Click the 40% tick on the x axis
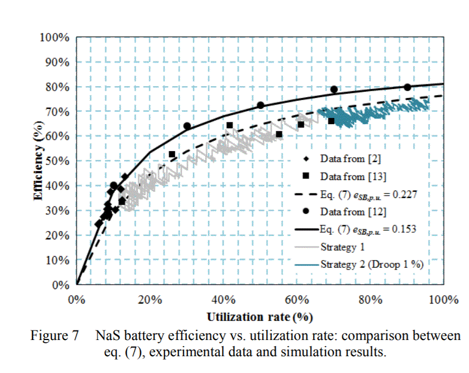point(224,298)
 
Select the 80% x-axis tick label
point(370,298)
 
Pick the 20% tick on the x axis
point(150,298)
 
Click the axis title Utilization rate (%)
point(259,317)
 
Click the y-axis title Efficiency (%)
point(38,162)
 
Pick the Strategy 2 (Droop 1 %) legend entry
point(372,264)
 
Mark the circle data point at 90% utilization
point(407,87)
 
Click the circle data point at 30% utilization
point(187,126)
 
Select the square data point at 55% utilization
point(279,134)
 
